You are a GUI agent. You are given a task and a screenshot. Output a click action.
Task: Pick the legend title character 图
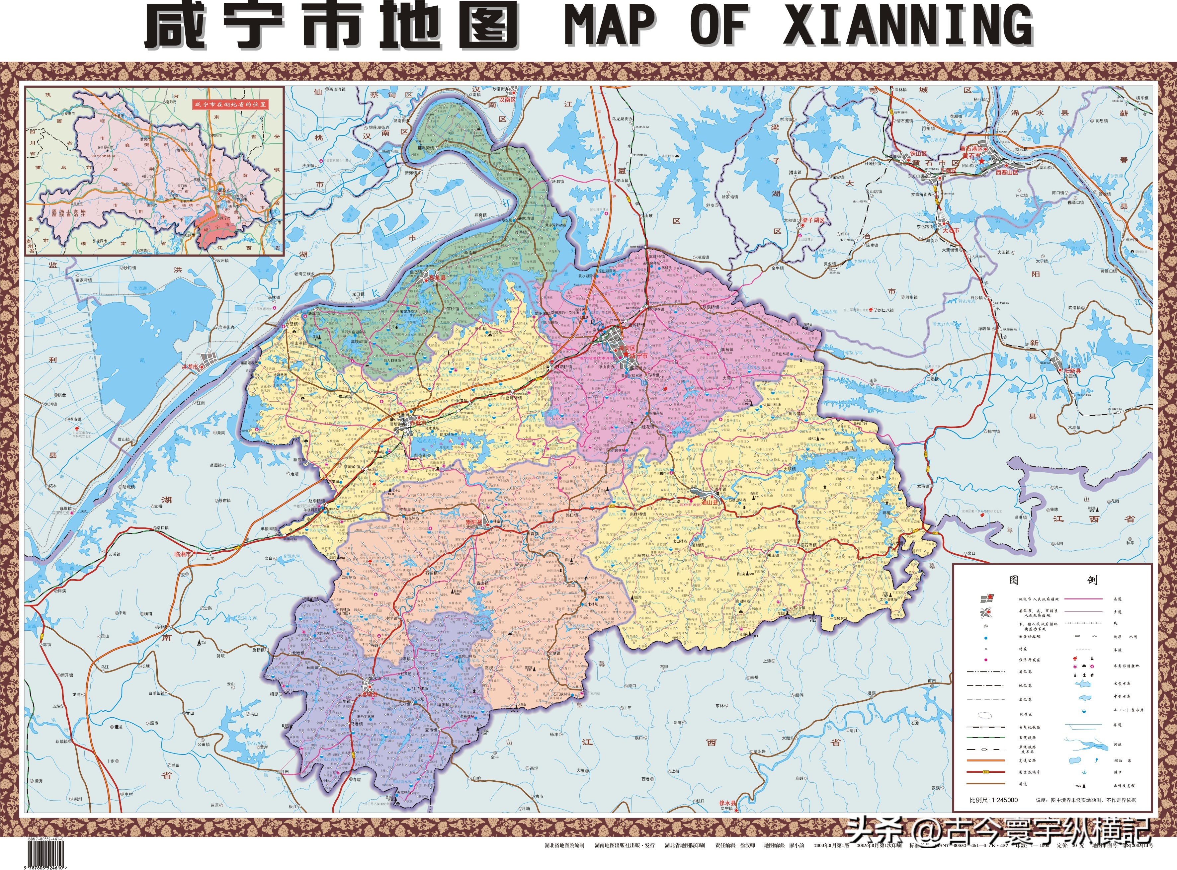click(x=1014, y=580)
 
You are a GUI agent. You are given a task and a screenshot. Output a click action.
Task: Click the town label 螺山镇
click(x=123, y=438)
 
